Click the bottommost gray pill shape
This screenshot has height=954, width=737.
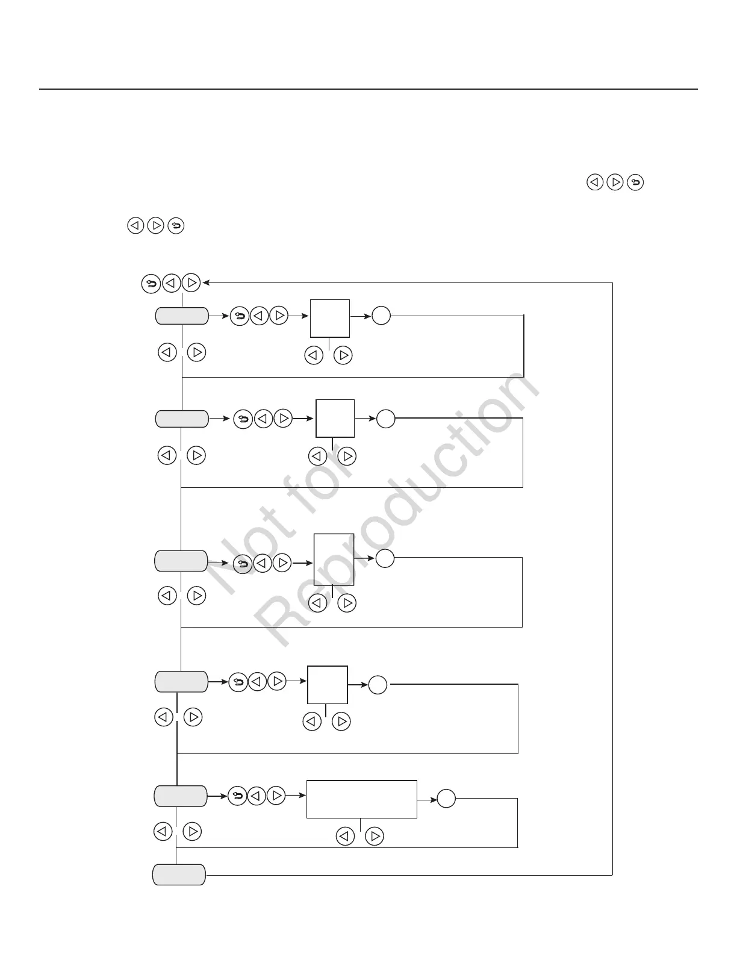[x=179, y=874]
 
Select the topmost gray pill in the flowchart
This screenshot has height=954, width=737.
[x=182, y=316]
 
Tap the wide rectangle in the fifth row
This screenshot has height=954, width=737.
[x=361, y=799]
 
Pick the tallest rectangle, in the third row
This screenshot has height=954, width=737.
[x=334, y=559]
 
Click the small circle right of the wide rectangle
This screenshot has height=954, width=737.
[x=446, y=799]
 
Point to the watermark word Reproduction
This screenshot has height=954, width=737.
[x=397, y=506]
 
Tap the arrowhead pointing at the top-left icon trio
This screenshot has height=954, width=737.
[x=207, y=282]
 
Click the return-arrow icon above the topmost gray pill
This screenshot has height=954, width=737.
[x=151, y=282]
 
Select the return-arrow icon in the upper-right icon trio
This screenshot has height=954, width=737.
[x=635, y=182]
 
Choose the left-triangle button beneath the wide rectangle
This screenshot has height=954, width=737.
[x=344, y=837]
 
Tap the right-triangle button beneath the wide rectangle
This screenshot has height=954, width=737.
[x=375, y=837]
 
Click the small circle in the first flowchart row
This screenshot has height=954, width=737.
[x=381, y=316]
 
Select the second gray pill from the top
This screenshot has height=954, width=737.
[x=182, y=418]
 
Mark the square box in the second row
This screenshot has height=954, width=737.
[x=335, y=418]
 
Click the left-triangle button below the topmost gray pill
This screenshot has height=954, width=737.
[x=167, y=352]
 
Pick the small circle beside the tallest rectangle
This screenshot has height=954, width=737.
[x=385, y=559]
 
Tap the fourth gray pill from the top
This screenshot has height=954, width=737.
[x=181, y=682]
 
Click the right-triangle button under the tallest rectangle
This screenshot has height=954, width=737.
[x=347, y=603]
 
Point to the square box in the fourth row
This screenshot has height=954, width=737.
[x=328, y=685]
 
